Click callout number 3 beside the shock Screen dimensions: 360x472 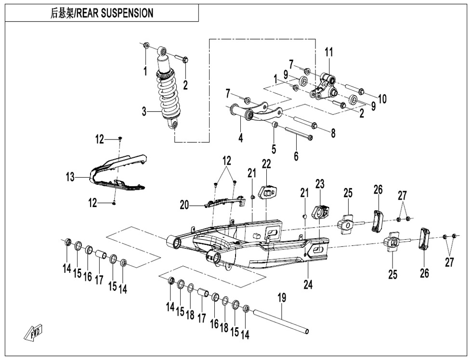(x=144, y=112)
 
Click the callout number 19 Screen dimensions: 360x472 (x=281, y=298)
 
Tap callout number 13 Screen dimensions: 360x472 (x=70, y=178)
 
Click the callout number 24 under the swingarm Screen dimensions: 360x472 (x=308, y=284)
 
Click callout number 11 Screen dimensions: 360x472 (x=328, y=52)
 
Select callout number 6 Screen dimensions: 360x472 (x=296, y=156)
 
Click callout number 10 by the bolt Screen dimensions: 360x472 (x=382, y=99)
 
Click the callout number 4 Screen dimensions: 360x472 (x=240, y=137)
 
